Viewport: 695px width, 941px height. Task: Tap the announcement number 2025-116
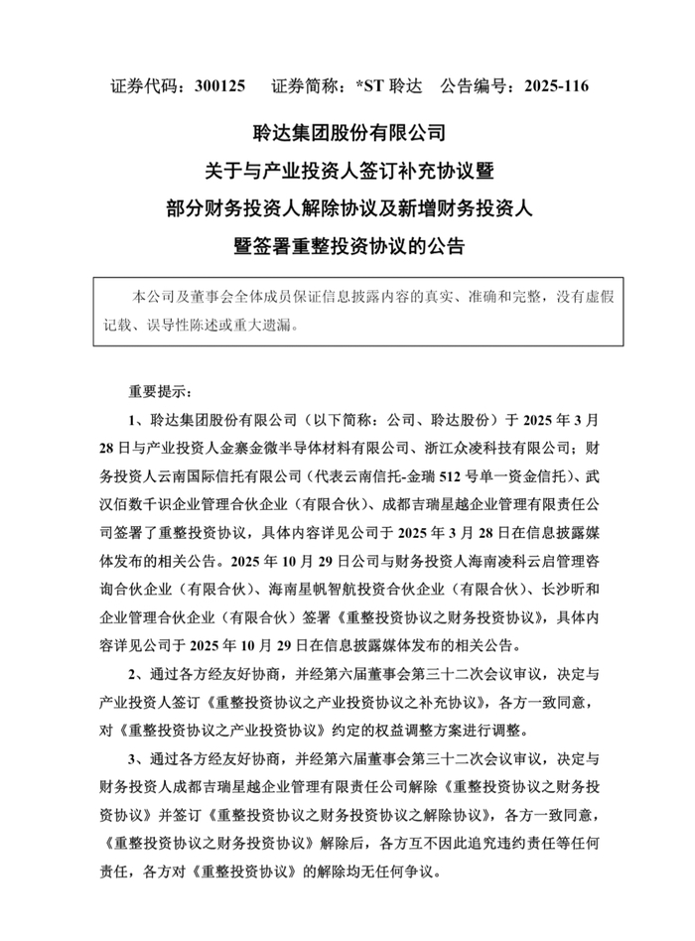(549, 86)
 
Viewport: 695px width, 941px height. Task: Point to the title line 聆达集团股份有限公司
(347, 131)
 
